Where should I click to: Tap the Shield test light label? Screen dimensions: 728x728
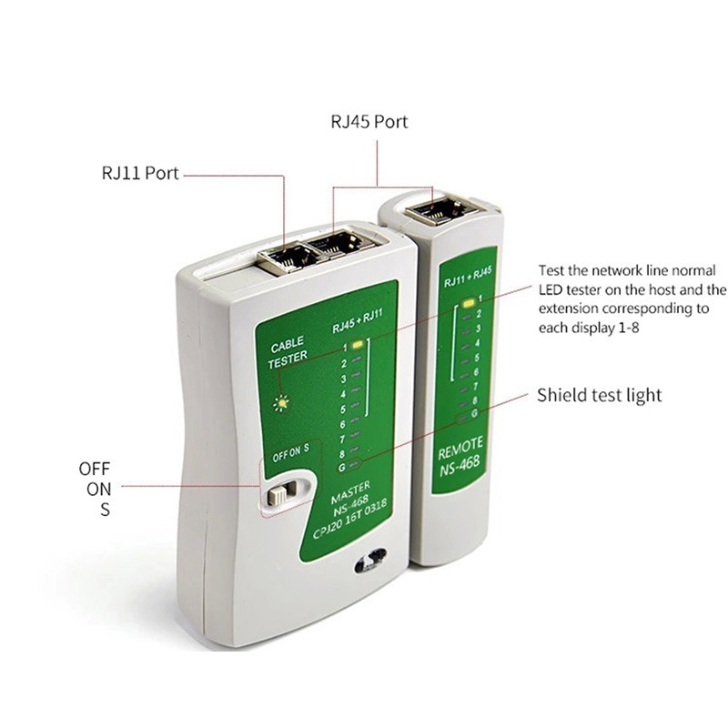point(599,395)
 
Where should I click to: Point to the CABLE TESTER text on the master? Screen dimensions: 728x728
point(289,353)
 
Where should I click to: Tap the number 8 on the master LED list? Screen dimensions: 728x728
point(343,452)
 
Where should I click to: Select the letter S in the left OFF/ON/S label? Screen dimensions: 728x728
point(105,510)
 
